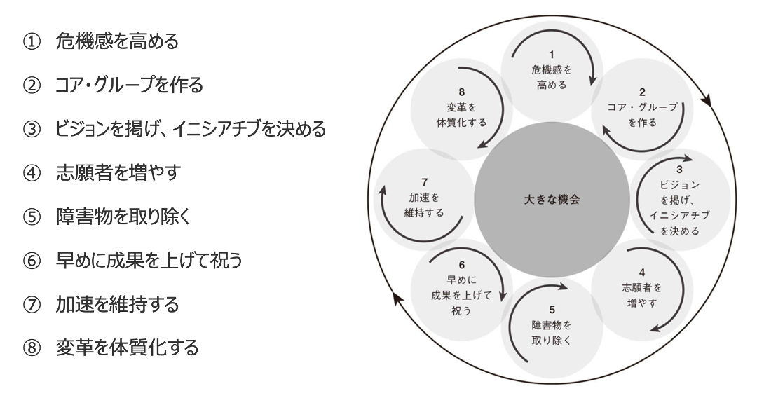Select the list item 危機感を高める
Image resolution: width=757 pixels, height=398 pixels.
pyautogui.click(x=117, y=42)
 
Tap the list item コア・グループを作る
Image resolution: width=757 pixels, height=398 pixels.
pyautogui.click(x=130, y=85)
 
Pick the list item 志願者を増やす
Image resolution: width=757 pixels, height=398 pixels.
pyautogui.click(x=118, y=173)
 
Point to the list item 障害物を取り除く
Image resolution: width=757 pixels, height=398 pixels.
pyautogui.click(x=124, y=217)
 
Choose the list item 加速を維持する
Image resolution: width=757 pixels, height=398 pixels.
pyautogui.click(x=118, y=304)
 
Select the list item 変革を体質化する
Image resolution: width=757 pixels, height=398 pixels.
pyautogui.click(x=128, y=348)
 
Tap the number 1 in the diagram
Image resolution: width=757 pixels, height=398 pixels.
pyautogui.click(x=552, y=54)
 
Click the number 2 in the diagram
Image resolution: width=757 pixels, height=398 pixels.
pyautogui.click(x=642, y=92)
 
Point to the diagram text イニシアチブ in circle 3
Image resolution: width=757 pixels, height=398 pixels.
pyautogui.click(x=679, y=215)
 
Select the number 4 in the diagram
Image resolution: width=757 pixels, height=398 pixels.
pyautogui.click(x=642, y=273)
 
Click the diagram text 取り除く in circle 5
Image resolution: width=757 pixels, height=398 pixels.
pyautogui.click(x=552, y=341)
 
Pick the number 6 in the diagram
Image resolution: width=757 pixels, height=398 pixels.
pyautogui.click(x=461, y=265)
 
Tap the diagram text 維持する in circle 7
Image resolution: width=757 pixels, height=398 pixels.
pyautogui.click(x=424, y=213)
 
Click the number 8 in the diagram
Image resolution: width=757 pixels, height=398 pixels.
pyautogui.click(x=461, y=92)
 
